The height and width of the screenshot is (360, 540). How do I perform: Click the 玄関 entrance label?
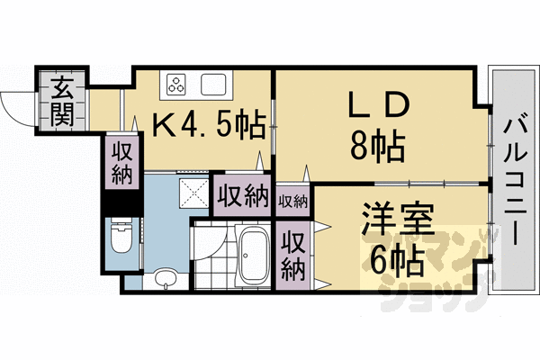tap(62, 100)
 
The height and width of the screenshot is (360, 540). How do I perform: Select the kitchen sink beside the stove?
tap(214, 86)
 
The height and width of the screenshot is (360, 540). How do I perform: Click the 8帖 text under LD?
tap(375, 143)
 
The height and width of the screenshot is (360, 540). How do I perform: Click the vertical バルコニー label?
tap(514, 180)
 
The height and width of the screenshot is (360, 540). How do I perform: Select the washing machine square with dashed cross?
tap(192, 191)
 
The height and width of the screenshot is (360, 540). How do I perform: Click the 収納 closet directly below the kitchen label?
tap(121, 163)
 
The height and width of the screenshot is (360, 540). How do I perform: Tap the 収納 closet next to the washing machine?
tap(243, 193)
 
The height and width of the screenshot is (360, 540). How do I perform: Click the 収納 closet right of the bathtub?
tap(292, 254)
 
